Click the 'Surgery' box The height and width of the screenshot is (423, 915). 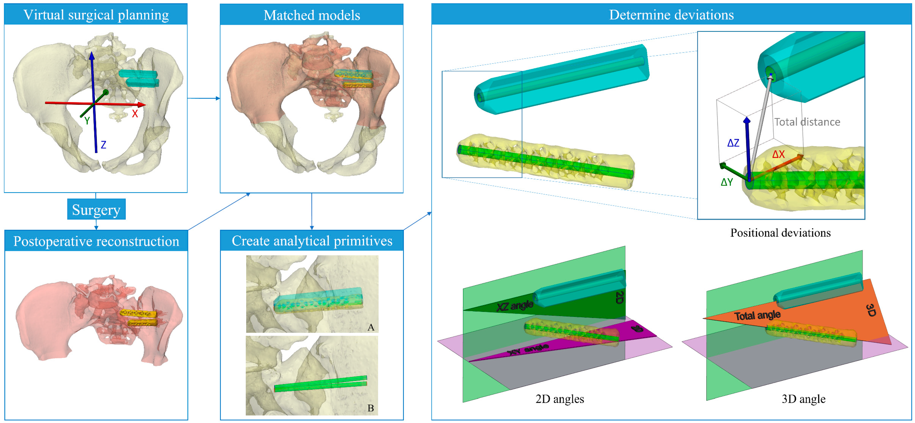point(96,210)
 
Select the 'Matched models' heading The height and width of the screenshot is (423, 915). point(311,15)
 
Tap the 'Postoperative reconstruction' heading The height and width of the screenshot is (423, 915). point(96,241)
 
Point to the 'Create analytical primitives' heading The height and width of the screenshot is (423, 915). point(312,241)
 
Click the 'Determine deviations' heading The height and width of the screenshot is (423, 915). point(671,15)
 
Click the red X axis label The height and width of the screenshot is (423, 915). point(135,114)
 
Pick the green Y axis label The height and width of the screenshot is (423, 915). point(87,121)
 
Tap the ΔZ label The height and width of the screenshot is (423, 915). point(733,143)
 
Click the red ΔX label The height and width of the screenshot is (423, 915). point(778,154)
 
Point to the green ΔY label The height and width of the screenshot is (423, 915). point(727,182)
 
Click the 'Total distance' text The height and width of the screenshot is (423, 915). point(807,122)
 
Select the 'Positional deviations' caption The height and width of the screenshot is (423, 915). point(780,233)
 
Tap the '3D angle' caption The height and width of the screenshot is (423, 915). point(803,399)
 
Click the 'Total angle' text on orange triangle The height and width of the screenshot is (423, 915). point(757,315)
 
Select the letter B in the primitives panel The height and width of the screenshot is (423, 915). point(370,408)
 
